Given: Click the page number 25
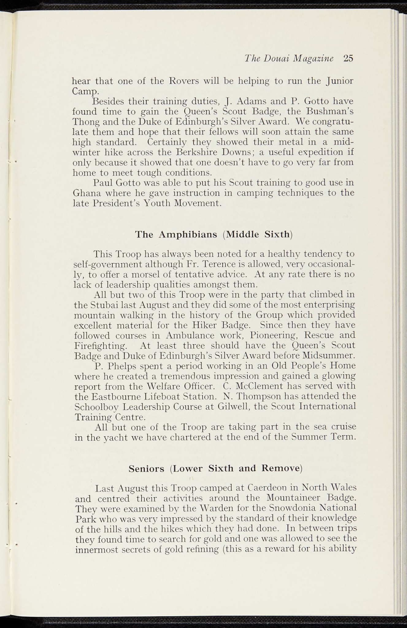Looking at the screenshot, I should [x=349, y=58].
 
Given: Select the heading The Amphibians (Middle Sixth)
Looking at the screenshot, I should [x=214, y=235].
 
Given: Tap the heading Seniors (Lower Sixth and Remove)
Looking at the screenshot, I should [x=216, y=469].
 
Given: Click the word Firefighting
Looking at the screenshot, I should [x=101, y=346].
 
